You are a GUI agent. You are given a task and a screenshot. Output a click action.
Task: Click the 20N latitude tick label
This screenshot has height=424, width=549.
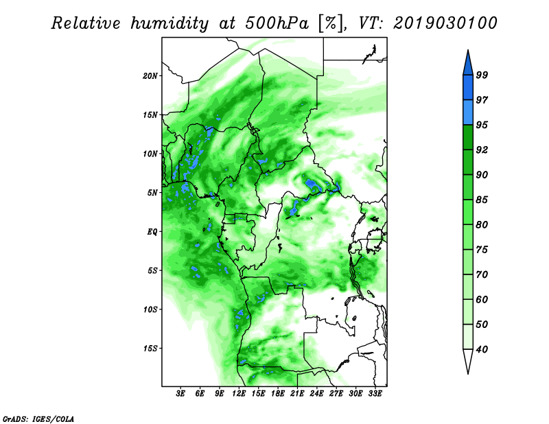point(150,76)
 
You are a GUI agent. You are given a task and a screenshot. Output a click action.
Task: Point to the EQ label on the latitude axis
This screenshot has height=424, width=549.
point(152,232)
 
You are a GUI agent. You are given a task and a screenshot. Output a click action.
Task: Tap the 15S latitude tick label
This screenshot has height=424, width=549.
point(150,349)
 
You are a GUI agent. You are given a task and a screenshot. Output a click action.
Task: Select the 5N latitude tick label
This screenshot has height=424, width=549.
point(152,193)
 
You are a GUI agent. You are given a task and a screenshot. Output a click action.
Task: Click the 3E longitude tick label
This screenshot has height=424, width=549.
point(180,394)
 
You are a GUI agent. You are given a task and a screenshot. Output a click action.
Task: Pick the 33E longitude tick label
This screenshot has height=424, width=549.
point(375,394)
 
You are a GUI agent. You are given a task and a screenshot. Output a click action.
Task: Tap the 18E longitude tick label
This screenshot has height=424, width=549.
point(278,394)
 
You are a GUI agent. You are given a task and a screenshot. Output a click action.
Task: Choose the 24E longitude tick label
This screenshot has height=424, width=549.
point(316,394)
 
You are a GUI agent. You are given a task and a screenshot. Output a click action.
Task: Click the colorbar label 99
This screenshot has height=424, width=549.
point(482,75)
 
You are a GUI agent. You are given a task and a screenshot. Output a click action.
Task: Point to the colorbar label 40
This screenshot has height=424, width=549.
point(482,349)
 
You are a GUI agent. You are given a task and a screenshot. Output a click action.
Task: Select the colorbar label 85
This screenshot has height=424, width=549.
point(482,200)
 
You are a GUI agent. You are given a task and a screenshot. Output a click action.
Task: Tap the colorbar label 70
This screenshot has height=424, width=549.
point(482,274)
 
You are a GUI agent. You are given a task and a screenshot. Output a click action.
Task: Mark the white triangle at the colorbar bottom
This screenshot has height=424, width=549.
point(468,360)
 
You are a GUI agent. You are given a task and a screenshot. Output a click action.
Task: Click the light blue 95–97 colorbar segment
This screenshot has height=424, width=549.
point(468,113)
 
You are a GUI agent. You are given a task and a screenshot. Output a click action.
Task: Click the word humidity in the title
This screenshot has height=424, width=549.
point(170,23)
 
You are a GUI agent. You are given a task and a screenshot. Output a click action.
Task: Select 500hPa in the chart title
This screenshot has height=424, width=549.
point(277,23)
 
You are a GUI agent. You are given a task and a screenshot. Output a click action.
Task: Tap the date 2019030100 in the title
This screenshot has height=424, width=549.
point(445,23)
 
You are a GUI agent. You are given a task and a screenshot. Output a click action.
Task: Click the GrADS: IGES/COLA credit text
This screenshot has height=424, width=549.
point(38,419)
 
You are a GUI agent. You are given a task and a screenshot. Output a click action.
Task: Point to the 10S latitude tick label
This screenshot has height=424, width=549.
point(150,309)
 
